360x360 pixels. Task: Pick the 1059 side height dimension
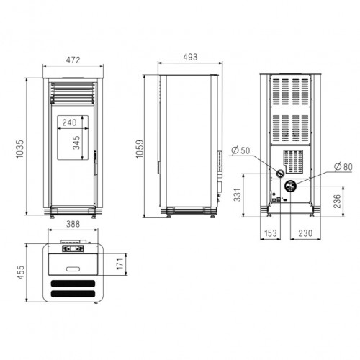[x=147, y=146]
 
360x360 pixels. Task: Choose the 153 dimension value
[x=270, y=233]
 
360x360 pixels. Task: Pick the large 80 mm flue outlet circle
[x=291, y=186]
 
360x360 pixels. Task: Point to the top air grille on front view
[x=73, y=91]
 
